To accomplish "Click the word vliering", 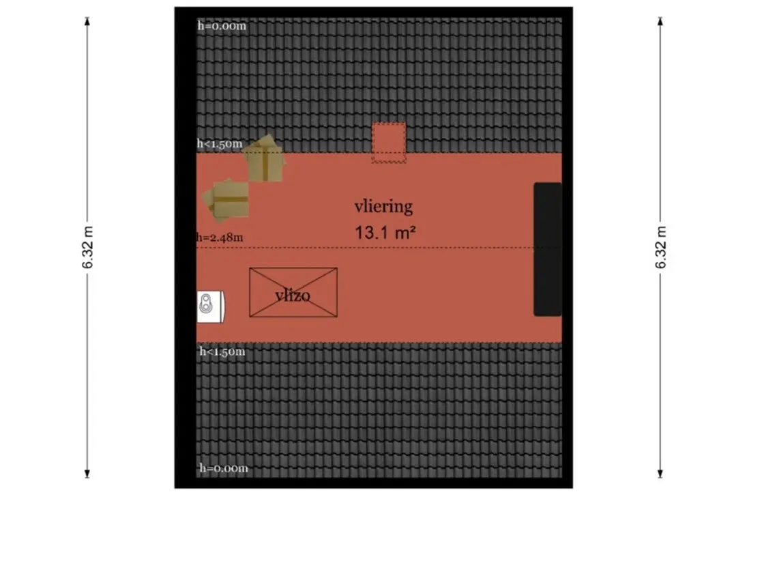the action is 383,206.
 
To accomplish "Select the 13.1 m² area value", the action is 385,232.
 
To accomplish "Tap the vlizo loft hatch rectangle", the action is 293,293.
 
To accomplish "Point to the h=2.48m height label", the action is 220,237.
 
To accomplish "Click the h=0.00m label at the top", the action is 222,26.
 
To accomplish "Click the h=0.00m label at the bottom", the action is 224,468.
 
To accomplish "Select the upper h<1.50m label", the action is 220,144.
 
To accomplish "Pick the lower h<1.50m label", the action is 222,351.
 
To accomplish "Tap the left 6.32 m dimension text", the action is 88,247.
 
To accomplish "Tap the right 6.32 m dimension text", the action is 660,247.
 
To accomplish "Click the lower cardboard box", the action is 226,200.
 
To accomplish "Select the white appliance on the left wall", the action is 210,306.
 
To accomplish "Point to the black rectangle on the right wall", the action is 548,249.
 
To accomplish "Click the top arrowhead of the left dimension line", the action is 87,20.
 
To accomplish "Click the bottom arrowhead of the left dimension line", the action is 87,474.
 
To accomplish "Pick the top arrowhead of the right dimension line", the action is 660,20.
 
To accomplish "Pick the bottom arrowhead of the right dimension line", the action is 660,474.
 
